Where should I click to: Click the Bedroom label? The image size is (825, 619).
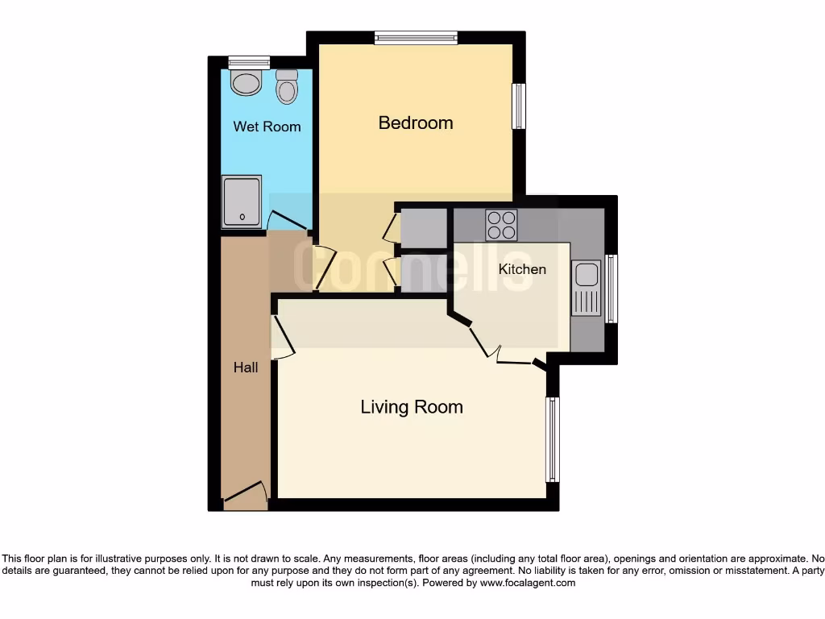coord(416,123)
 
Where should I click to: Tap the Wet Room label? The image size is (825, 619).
coord(267,127)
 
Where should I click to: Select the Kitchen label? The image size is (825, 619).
coord(522,269)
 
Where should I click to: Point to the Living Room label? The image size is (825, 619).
coord(412,407)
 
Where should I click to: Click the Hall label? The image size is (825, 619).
coord(246,368)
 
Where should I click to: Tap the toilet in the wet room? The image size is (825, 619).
coord(286,86)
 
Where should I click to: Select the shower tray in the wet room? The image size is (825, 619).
coord(243,201)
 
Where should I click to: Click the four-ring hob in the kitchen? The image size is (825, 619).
coord(501,224)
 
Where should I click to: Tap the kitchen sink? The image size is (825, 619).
coord(587,288)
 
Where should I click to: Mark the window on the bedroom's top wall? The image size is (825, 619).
coord(416,37)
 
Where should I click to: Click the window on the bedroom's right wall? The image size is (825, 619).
coord(520,106)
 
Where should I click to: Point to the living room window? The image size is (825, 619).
coord(552,439)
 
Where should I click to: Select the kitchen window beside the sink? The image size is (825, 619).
coord(611,289)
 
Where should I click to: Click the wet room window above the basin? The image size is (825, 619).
coord(248,61)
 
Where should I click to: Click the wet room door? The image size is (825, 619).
coord(286,219)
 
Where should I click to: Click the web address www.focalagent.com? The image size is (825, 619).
coord(527,583)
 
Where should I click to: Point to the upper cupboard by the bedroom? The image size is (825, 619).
coord(424,228)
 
